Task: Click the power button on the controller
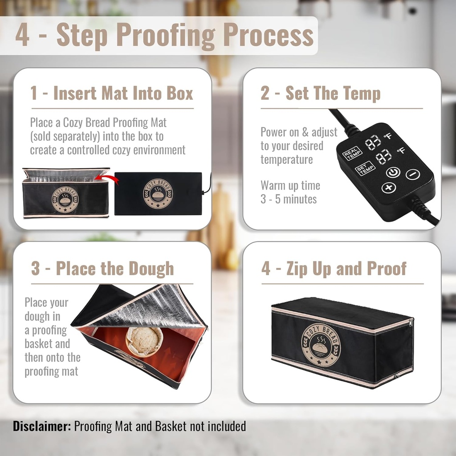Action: point(393,172)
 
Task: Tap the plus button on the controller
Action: point(389,188)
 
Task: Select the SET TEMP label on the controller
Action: point(365,169)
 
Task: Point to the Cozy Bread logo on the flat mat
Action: point(158,194)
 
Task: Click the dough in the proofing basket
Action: point(143,340)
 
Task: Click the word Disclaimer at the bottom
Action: point(42,426)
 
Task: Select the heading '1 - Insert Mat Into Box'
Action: point(112,94)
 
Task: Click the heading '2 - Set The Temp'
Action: point(321,94)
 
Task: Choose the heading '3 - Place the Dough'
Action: point(102,269)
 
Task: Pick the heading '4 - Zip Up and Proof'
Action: point(334,269)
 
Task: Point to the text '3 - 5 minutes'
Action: point(289,199)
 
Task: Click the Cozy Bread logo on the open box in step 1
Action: point(65,199)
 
